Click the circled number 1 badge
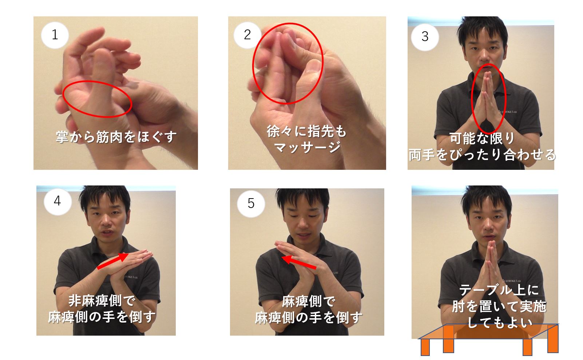(x=55, y=35)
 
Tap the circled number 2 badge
(x=247, y=35)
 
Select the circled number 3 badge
(x=425, y=37)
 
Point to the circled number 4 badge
(x=57, y=201)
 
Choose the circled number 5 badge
(x=251, y=203)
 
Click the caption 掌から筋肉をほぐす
(x=116, y=137)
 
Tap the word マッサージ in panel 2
(x=307, y=147)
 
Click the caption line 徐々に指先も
(x=306, y=131)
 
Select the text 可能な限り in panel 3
(x=482, y=138)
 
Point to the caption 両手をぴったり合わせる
(x=482, y=155)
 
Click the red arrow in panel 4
(x=113, y=261)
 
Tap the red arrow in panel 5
(x=299, y=262)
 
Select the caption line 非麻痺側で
(x=102, y=301)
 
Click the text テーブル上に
(x=499, y=290)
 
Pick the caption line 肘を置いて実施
(x=499, y=306)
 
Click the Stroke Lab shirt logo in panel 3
(x=507, y=112)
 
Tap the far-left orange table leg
(x=425, y=347)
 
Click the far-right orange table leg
(x=553, y=339)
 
